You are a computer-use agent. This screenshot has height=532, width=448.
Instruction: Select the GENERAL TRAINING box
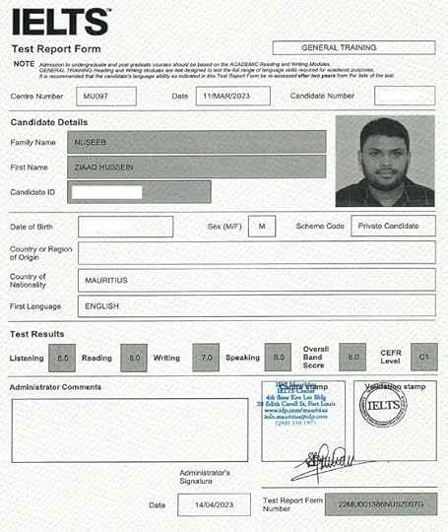(352, 47)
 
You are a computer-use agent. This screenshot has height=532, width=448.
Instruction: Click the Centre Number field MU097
(98, 97)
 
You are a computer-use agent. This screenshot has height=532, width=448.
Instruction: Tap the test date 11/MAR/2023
(229, 97)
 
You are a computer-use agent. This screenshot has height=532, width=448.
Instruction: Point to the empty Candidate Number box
(405, 97)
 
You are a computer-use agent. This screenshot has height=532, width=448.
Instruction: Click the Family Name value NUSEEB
(201, 142)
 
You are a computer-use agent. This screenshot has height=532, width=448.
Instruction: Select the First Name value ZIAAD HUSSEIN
(201, 166)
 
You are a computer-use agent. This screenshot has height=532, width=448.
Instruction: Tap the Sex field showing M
(261, 226)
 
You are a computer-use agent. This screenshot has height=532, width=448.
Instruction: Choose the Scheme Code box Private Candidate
(392, 226)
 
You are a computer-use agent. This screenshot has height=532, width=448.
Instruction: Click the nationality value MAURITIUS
(256, 280)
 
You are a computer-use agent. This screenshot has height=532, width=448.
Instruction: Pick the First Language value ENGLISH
(256, 305)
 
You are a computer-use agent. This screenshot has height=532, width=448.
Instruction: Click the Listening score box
(63, 359)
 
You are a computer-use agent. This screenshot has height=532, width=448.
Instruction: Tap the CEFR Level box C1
(423, 358)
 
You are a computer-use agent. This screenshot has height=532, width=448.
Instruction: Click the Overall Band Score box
(351, 358)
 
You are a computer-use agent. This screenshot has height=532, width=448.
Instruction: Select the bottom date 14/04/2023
(214, 504)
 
